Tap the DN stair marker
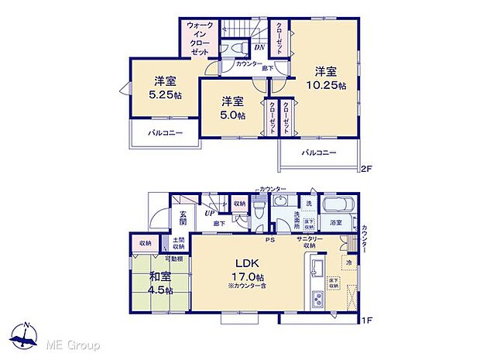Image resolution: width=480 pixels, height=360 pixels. click(259, 46)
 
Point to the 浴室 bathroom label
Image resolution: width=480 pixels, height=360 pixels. click(337, 223)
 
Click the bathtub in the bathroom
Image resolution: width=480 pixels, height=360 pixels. click(337, 206)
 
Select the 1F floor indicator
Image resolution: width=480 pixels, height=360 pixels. click(368, 319)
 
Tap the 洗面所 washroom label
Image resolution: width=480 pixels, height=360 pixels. click(293, 218)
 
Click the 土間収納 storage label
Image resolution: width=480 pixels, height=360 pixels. click(178, 244)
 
